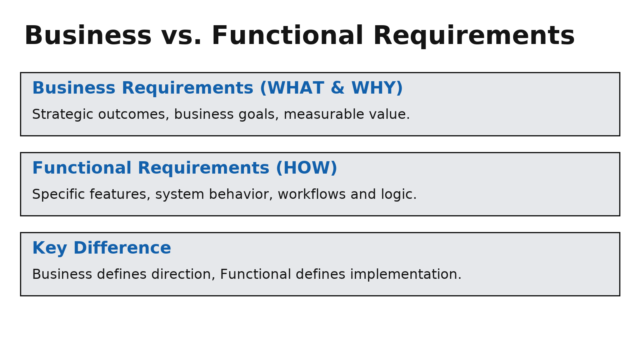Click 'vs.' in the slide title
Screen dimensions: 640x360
click(x=182, y=36)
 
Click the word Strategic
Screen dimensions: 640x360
click(x=62, y=114)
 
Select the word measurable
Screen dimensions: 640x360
click(x=324, y=114)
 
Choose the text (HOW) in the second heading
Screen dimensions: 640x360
click(x=306, y=168)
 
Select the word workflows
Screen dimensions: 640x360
click(x=312, y=194)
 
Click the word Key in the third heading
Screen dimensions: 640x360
click(x=50, y=248)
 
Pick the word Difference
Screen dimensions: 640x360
click(x=122, y=248)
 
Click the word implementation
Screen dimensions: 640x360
click(x=406, y=274)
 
